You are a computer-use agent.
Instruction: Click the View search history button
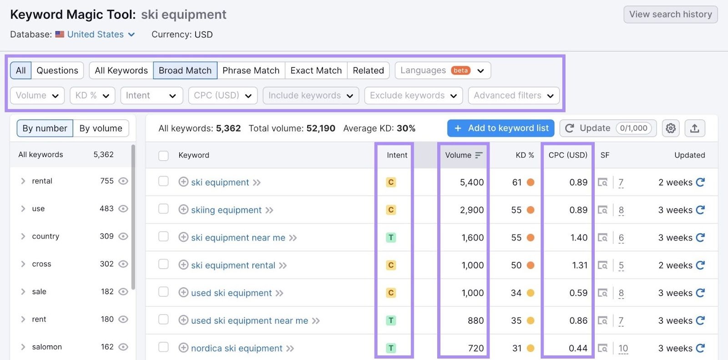tap(670, 15)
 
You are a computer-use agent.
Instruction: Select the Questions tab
tap(57, 71)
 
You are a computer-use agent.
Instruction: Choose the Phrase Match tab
tap(251, 71)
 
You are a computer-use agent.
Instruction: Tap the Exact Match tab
tap(316, 71)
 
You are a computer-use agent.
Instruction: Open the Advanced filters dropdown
tap(513, 96)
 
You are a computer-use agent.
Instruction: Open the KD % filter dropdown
tap(92, 96)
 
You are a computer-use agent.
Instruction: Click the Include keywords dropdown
tap(310, 96)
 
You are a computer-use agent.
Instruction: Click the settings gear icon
tap(671, 128)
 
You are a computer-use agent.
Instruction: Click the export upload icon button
tap(694, 128)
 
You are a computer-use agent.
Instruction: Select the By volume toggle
tap(101, 128)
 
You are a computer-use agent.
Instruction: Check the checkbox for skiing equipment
tap(163, 209)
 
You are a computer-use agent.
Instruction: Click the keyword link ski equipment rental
tap(233, 265)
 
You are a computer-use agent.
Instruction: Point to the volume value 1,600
tap(473, 238)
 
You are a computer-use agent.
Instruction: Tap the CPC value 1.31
tap(580, 265)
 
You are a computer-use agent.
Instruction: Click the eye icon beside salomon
tap(123, 347)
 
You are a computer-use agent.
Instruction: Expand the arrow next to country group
tap(23, 236)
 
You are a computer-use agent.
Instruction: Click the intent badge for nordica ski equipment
tap(391, 348)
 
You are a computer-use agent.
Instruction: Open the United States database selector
tap(96, 35)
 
